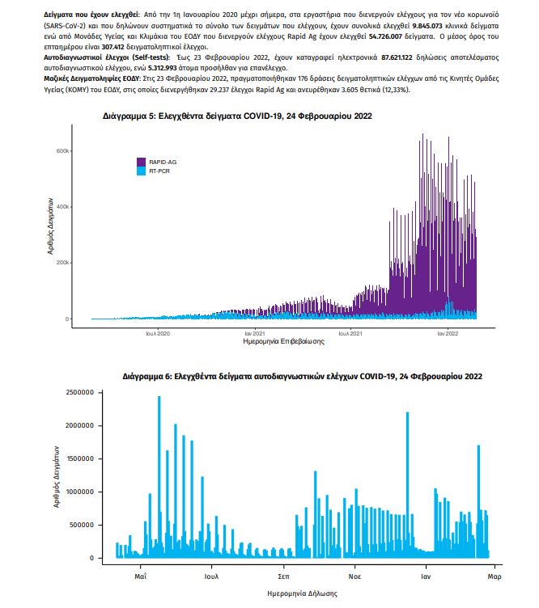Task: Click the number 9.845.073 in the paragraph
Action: tap(427, 26)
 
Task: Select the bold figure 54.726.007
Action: tap(385, 36)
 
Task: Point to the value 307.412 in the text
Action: tap(113, 47)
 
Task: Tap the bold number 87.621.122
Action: tap(397, 57)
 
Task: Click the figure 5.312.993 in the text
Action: tap(163, 68)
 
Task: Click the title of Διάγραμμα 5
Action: tap(237, 116)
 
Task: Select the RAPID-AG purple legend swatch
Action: tap(142, 162)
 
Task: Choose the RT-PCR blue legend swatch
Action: tap(142, 171)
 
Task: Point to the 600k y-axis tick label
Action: tap(63, 151)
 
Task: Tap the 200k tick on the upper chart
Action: tap(63, 263)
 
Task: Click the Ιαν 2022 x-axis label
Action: tap(448, 333)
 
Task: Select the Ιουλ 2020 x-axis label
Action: tap(158, 333)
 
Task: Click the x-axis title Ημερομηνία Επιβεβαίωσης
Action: tap(284, 341)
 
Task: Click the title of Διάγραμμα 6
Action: tap(303, 377)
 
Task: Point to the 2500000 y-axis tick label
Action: tap(80, 392)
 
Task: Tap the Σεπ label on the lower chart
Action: tap(284, 576)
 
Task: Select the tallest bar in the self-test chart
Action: tap(159, 477)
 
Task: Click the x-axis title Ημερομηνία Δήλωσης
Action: tap(303, 593)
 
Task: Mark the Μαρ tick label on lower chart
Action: tap(494, 576)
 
